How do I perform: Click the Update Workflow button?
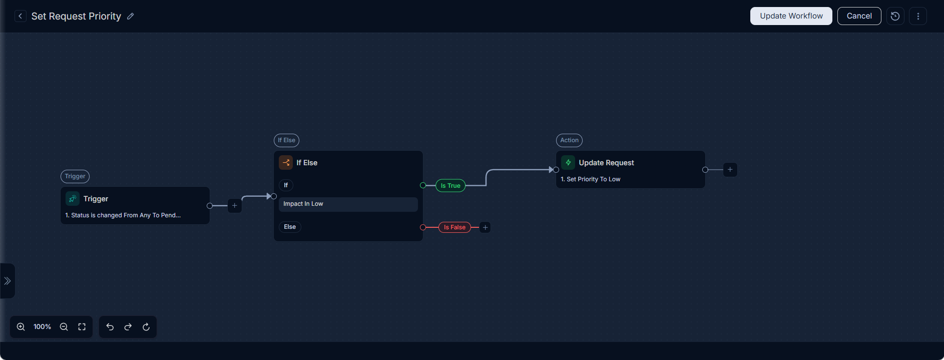pos(791,16)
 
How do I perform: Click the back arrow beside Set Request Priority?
pos(20,16)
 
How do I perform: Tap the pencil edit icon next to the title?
pos(131,16)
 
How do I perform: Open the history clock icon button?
pos(895,16)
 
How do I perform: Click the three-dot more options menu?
pos(918,16)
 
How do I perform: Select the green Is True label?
pos(450,186)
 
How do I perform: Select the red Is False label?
pos(454,227)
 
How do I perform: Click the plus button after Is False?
pos(485,227)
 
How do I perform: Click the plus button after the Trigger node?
pos(235,206)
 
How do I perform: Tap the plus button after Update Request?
pos(730,170)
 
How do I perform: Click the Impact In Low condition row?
pos(348,204)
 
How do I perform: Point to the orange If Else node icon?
pos(286,163)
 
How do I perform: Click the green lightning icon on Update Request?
pos(568,163)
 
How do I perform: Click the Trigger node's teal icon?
pos(73,199)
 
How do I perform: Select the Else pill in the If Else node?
pos(290,227)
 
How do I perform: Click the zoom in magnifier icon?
pos(21,327)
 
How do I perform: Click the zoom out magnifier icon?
pos(64,327)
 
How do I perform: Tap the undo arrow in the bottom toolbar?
pos(110,327)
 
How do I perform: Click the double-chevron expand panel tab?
pos(8,281)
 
